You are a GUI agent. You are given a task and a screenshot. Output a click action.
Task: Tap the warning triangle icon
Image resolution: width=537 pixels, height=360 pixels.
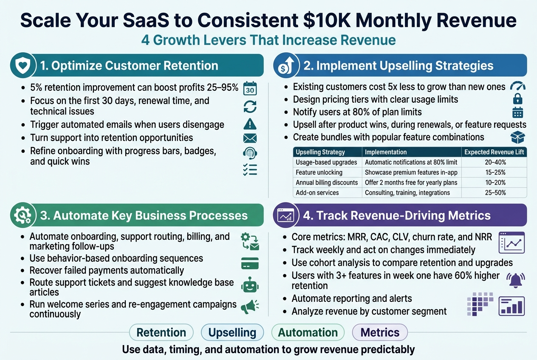pyautogui.click(x=250, y=124)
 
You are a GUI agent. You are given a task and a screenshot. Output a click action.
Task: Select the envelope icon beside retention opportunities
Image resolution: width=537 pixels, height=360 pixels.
pyautogui.click(x=250, y=138)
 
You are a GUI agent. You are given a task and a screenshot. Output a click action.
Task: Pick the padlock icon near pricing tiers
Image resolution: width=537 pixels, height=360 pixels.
pyautogui.click(x=517, y=99)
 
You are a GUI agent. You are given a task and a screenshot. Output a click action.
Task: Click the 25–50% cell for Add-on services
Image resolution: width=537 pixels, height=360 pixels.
pyautogui.click(x=495, y=193)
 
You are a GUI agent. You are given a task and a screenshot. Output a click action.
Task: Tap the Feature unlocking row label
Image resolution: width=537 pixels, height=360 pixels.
pyautogui.click(x=319, y=172)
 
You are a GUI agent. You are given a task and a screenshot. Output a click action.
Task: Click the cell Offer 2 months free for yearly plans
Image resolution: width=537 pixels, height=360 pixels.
pyautogui.click(x=411, y=183)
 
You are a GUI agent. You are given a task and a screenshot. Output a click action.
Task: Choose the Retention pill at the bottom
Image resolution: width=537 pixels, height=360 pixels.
pyautogui.click(x=161, y=332)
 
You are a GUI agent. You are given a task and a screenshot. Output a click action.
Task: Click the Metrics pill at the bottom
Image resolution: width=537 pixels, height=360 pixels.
pyautogui.click(x=380, y=332)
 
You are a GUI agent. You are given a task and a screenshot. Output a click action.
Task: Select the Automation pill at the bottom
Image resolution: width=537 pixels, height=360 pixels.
pyautogui.click(x=308, y=332)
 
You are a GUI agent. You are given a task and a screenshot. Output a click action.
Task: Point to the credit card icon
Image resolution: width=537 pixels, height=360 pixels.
pyautogui.click(x=250, y=263)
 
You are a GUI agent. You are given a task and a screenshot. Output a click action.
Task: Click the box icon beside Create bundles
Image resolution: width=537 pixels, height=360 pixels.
pyautogui.click(x=517, y=137)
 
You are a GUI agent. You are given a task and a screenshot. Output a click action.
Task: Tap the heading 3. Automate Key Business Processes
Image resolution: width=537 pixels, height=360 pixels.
pyautogui.click(x=143, y=215)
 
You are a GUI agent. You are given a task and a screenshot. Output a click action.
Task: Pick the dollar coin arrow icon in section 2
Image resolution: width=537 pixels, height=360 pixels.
pyautogui.click(x=285, y=65)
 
